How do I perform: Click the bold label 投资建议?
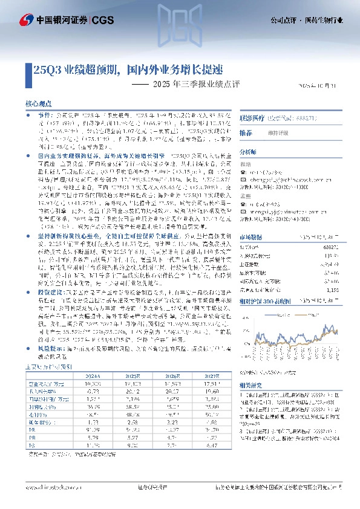49,290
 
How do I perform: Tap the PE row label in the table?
38,429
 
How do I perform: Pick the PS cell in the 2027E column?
209,446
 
